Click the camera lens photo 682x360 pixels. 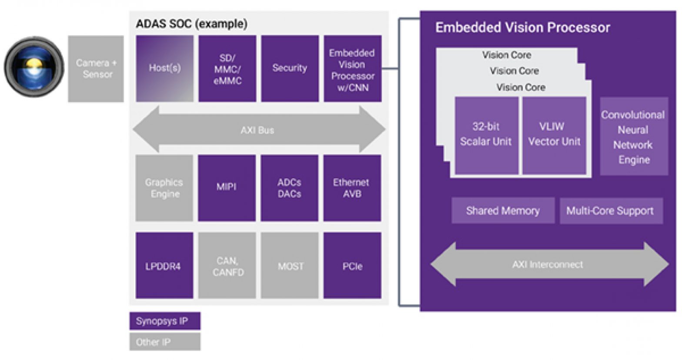pos(34,67)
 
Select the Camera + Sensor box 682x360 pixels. pos(96,69)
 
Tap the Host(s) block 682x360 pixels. pos(164,68)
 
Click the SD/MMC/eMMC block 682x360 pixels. pos(227,69)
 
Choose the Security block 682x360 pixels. pos(290,68)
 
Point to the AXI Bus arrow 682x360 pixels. pos(258,130)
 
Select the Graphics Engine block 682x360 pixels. pos(164,188)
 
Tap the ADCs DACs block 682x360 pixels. pos(289,188)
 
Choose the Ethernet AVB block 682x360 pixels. pos(352,188)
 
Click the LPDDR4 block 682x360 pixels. pos(164,266)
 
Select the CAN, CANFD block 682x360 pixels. pos(227,266)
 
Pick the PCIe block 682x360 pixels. pos(352,266)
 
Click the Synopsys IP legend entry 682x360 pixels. pos(165,321)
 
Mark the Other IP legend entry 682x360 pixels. pos(165,342)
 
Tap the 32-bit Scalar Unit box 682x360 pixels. pos(486,135)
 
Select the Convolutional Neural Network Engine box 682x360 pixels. pos(634,137)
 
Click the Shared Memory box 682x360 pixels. pos(503,211)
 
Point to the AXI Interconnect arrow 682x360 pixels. pos(548,264)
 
